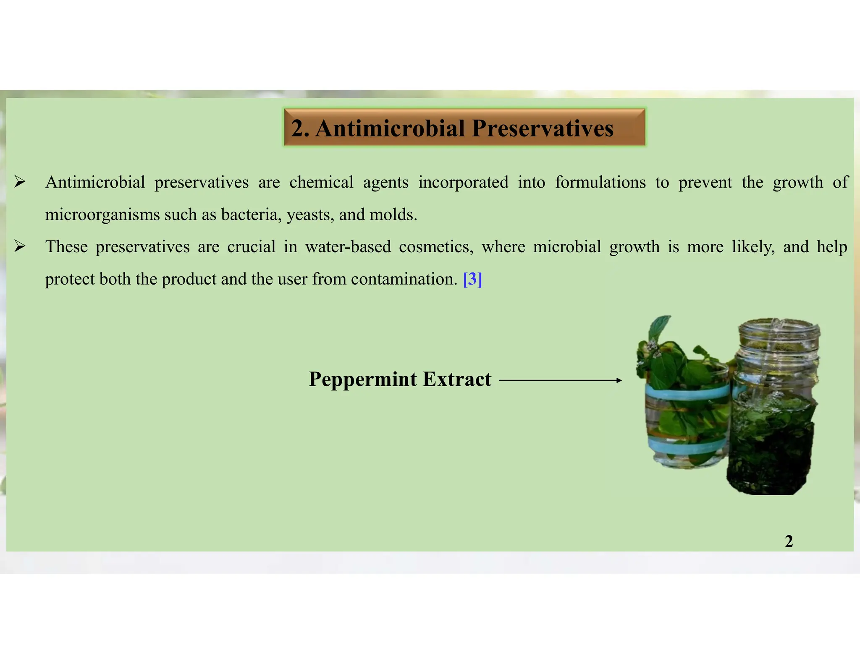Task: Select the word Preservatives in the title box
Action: (542, 128)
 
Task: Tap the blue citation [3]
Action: (472, 279)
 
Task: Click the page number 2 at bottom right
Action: (789, 541)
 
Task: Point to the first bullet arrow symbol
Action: (20, 182)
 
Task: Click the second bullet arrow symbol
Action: (20, 246)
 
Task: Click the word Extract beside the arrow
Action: (457, 379)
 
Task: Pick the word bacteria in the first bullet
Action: (251, 214)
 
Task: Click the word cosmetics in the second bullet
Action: (435, 247)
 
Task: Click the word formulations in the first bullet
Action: (600, 182)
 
